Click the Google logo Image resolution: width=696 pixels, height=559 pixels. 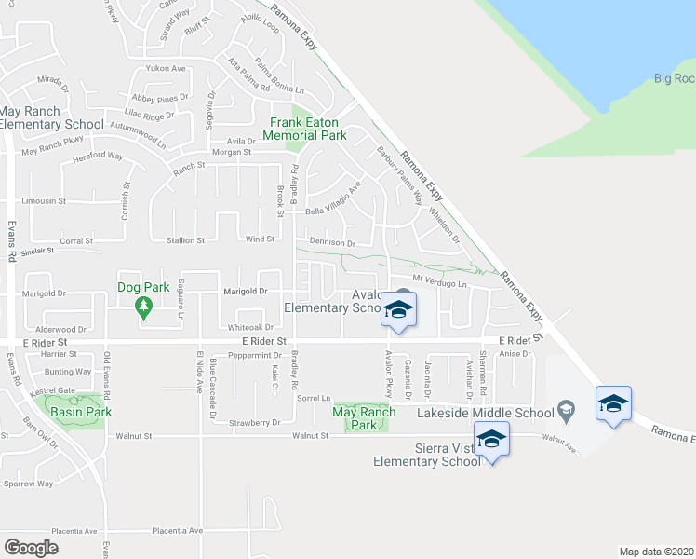(x=32, y=548)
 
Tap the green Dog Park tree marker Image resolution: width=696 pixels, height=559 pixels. (x=143, y=306)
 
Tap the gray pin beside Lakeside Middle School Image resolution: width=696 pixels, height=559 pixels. (x=565, y=409)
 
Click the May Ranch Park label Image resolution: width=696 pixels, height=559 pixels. (x=364, y=417)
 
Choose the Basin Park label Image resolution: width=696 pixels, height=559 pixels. (x=80, y=412)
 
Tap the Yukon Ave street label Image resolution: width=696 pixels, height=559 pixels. (x=167, y=68)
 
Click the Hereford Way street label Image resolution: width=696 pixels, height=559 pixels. (x=98, y=157)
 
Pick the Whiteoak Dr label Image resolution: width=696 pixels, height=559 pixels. (x=250, y=327)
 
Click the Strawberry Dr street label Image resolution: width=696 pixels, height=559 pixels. (x=256, y=423)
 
